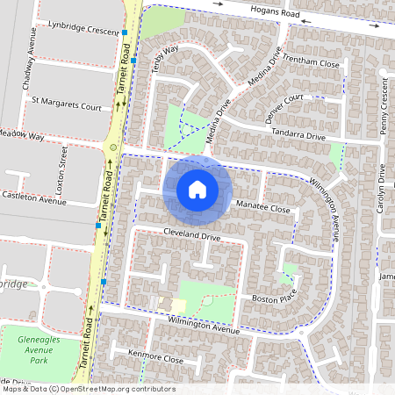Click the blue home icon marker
197,189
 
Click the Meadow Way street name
22,136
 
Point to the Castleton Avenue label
34,200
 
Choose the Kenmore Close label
154,360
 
